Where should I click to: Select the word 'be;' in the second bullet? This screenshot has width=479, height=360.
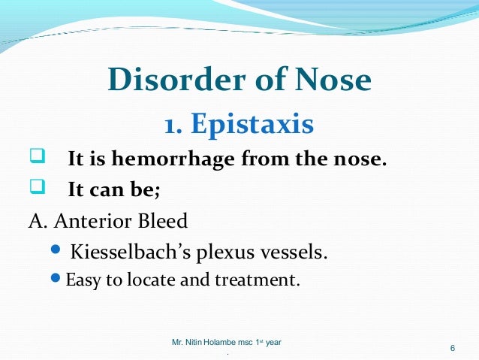click(146, 190)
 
